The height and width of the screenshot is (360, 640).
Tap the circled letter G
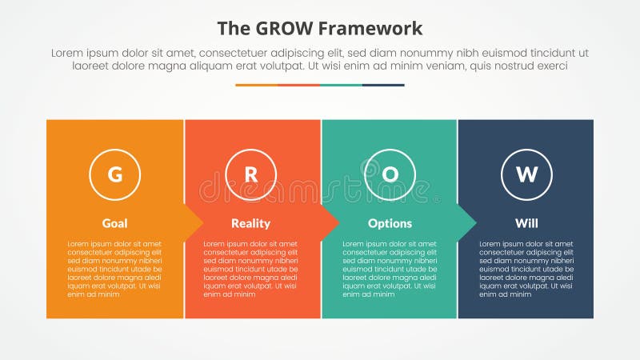coord(114,174)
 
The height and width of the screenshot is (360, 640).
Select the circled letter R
coord(251,174)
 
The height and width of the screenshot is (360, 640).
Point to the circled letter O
coord(390,174)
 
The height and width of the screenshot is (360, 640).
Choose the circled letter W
coord(526,174)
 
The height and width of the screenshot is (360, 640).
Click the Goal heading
coord(114,223)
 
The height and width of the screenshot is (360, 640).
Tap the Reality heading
coord(251,223)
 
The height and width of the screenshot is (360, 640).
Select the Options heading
coord(390,223)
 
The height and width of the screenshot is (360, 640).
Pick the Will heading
coord(526,223)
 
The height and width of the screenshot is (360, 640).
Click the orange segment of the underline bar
coord(256,85)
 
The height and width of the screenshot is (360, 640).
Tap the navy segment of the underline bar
coord(383,85)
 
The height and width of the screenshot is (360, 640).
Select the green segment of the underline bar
coord(341,85)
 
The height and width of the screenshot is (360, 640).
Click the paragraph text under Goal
coord(114,269)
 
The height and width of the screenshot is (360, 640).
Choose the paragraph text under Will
coord(526,269)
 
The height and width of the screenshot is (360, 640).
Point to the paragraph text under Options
coord(390,269)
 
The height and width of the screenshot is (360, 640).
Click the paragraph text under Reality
coord(251,269)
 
